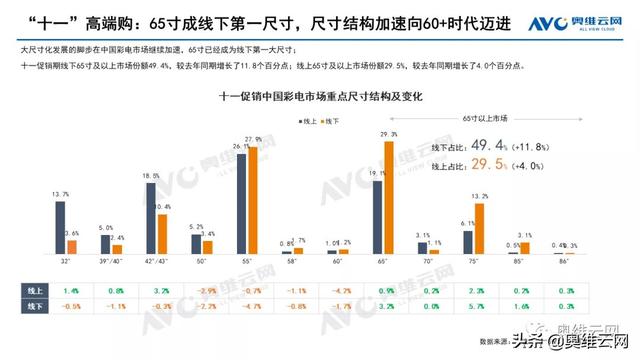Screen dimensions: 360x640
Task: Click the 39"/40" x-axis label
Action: point(112,262)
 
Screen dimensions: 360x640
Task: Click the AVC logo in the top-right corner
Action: point(585,22)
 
